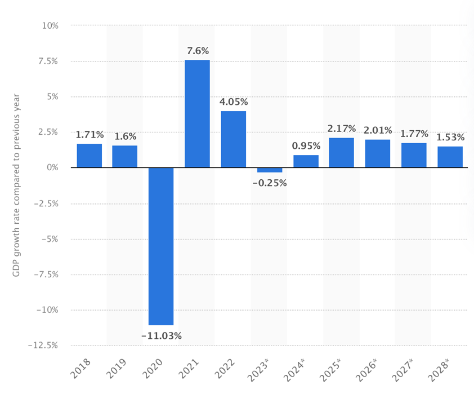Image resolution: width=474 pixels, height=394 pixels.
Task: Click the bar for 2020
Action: pyautogui.click(x=161, y=246)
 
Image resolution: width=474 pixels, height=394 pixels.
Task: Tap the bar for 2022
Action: pyautogui.click(x=233, y=139)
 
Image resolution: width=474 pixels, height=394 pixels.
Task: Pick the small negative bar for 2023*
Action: pyautogui.click(x=270, y=170)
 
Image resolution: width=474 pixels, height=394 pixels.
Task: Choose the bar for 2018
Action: pyautogui.click(x=90, y=156)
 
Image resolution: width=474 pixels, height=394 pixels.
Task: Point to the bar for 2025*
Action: pyautogui.click(x=342, y=153)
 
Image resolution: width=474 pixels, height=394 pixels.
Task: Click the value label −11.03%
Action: pyautogui.click(x=161, y=336)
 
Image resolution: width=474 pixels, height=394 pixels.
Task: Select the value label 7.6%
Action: pyautogui.click(x=197, y=51)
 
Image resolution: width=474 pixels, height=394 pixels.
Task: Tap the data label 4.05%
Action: pyautogui.click(x=233, y=102)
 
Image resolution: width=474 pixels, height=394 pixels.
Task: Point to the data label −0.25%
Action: pyautogui.click(x=270, y=183)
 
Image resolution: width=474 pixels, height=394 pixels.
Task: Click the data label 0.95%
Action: pyautogui.click(x=306, y=146)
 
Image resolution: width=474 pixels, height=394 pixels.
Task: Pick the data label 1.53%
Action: pyautogui.click(x=450, y=138)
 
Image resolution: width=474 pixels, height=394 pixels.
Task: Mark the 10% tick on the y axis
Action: pyautogui.click(x=50, y=25)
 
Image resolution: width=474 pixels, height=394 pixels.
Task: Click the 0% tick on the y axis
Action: pyautogui.click(x=52, y=168)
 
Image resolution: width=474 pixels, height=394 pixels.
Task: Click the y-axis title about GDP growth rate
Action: pyautogui.click(x=16, y=185)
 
